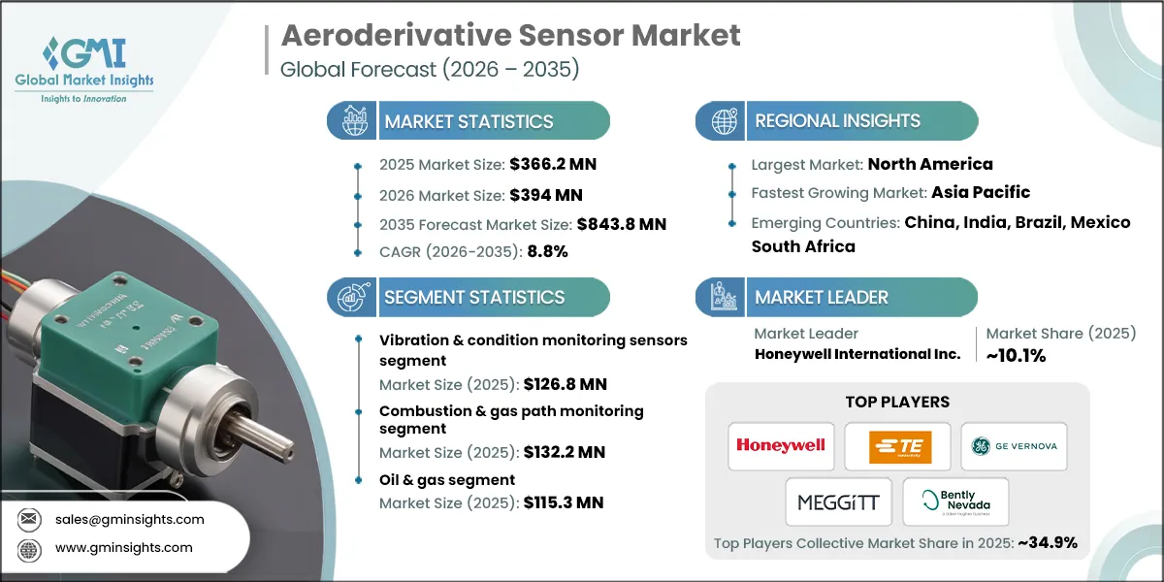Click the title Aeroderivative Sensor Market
coord(510,36)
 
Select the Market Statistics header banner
coord(469,121)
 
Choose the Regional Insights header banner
coord(837,121)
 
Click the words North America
coord(929,164)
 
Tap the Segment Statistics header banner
coord(473,297)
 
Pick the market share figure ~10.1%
coord(1015,355)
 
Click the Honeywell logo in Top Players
coord(781,445)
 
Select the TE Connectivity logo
coord(896,445)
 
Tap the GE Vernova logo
coord(1014,445)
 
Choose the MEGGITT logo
coord(838,501)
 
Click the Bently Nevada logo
coord(955,501)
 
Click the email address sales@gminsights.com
coord(129,519)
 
